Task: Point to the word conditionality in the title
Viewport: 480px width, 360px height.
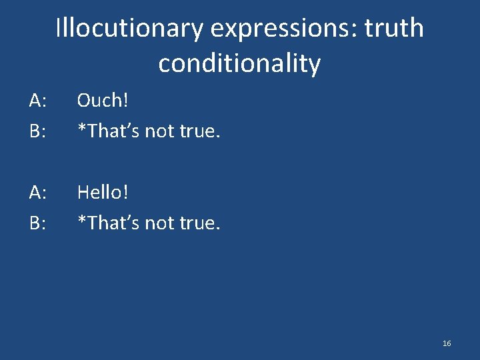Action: [x=239, y=64]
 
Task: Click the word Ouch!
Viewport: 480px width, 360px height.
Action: [x=102, y=100]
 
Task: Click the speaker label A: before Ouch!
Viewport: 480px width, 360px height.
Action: [x=37, y=101]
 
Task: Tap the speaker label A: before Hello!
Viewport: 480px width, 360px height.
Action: [x=37, y=193]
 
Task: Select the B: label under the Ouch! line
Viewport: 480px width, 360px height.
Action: [x=37, y=131]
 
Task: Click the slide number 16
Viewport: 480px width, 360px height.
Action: [x=447, y=343]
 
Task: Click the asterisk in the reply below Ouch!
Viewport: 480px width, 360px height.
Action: [x=81, y=127]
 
